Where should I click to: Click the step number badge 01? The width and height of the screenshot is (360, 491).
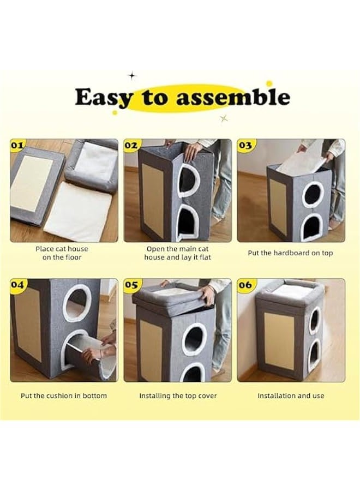[x=17, y=145]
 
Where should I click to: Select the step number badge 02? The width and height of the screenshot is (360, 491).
[x=131, y=145]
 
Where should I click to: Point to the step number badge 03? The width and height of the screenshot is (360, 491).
[x=245, y=145]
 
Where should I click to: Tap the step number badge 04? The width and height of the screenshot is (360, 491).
[x=17, y=285]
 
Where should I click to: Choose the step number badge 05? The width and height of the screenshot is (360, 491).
[x=131, y=285]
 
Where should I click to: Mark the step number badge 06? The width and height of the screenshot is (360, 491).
[x=245, y=285]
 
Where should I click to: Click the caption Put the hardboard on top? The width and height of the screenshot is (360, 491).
[x=290, y=253]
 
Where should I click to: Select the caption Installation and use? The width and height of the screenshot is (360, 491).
[x=291, y=396]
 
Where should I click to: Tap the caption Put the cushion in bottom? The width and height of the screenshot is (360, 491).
[x=64, y=396]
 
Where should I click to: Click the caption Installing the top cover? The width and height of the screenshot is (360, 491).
[x=178, y=396]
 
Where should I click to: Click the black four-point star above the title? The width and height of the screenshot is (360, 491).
[x=132, y=75]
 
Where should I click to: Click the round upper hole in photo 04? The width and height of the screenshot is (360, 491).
[x=77, y=302]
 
